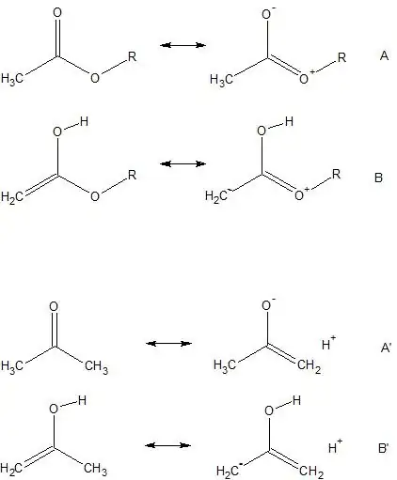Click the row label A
pyautogui.click(x=384, y=55)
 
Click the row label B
pyautogui.click(x=378, y=178)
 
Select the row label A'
pyautogui.click(x=386, y=348)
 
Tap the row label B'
pyautogui.click(x=384, y=448)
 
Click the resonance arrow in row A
pyautogui.click(x=183, y=45)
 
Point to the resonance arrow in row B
pyautogui.click(x=183, y=163)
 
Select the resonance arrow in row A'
pyautogui.click(x=168, y=344)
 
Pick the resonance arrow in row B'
pyautogui.click(x=167, y=445)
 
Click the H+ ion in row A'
pyautogui.click(x=328, y=343)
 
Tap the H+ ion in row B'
pyautogui.click(x=335, y=446)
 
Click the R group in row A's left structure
pyautogui.click(x=132, y=56)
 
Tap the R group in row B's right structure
pyautogui.click(x=336, y=174)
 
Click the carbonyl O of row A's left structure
pyautogui.click(x=57, y=12)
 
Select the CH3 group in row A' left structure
pyautogui.click(x=96, y=366)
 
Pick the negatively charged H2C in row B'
pyautogui.click(x=230, y=471)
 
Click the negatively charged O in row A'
pyautogui.click(x=268, y=303)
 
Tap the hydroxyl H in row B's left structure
pyautogui.click(x=84, y=121)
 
